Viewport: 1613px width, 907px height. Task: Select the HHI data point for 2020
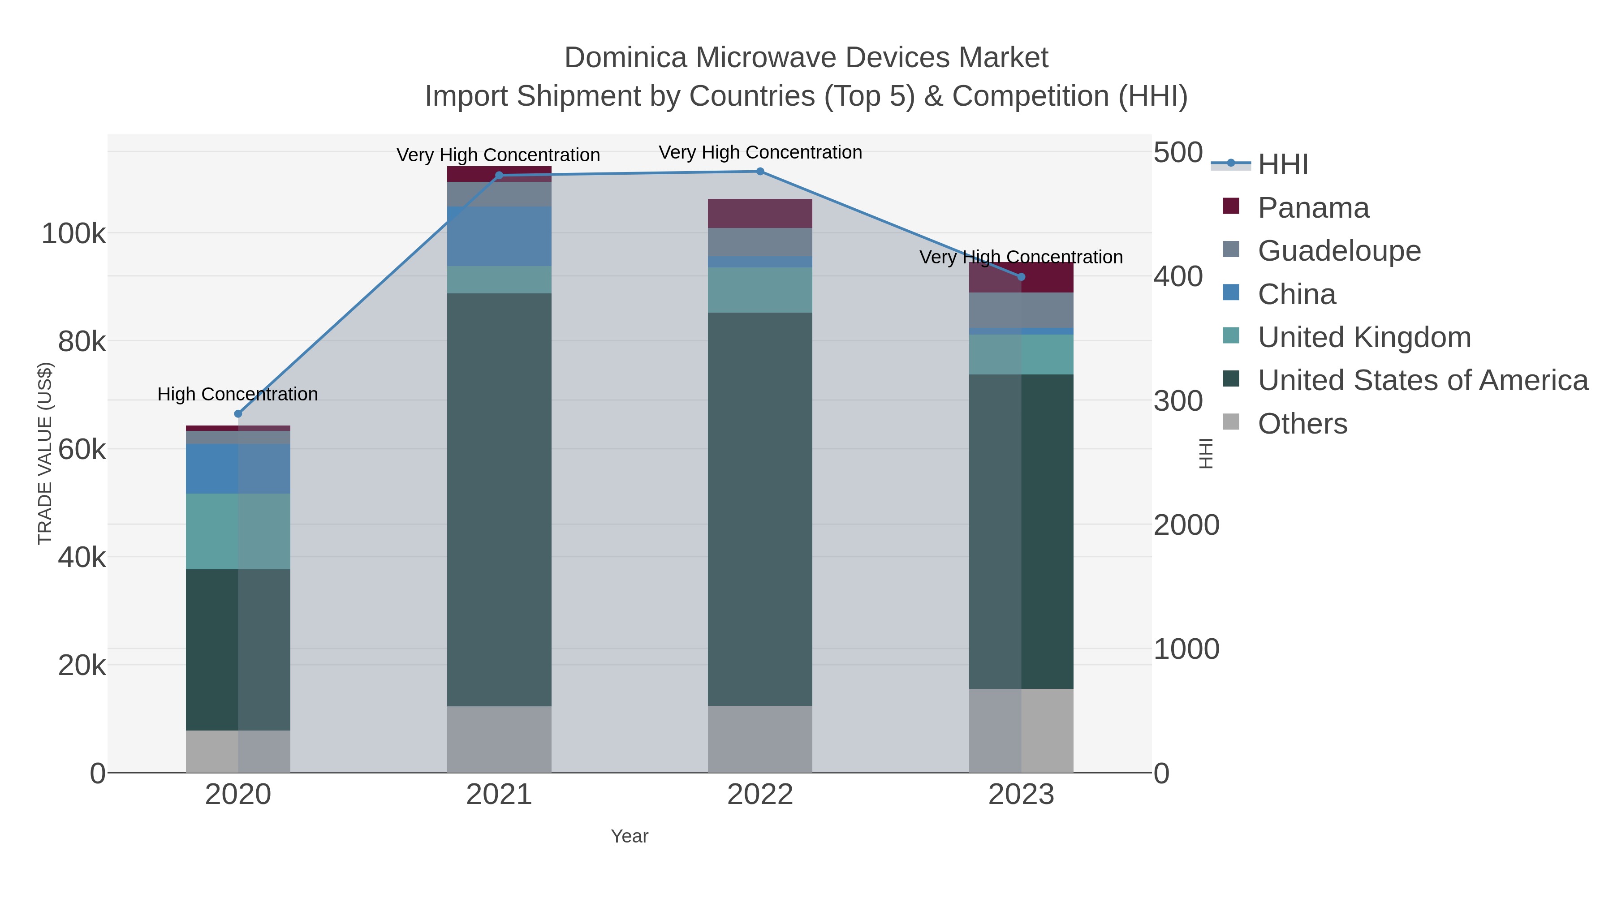[238, 414]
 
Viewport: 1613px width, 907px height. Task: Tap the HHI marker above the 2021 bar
[499, 175]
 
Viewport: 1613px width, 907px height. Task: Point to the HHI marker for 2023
[1021, 277]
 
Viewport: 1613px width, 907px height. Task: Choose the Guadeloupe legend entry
[1339, 251]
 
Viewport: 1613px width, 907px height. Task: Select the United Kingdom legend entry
[1364, 337]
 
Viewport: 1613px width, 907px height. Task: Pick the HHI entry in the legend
[1282, 165]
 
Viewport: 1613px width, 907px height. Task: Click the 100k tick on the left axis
[73, 234]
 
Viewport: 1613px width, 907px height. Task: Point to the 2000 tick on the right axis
[1186, 525]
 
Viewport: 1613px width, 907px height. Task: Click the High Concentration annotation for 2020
[238, 394]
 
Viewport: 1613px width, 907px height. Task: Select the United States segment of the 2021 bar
[499, 499]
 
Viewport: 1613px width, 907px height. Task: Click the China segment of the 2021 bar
[499, 236]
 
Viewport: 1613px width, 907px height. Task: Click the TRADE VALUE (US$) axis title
[45, 453]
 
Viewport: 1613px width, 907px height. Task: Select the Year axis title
[630, 836]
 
